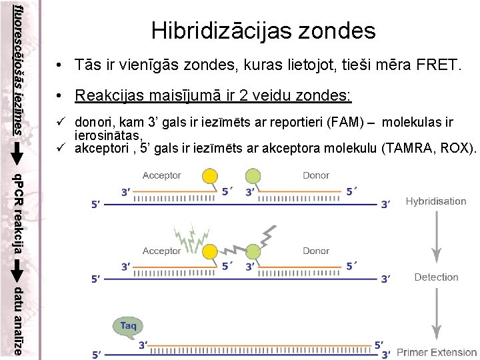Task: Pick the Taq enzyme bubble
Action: coord(128,325)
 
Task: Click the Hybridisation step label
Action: coord(436,201)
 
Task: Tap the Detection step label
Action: coord(436,277)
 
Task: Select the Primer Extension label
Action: coord(437,352)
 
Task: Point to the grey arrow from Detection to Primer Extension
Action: coord(437,313)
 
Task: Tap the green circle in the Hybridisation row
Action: coord(253,176)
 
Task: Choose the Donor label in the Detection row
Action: coord(316,251)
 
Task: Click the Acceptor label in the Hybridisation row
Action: coord(162,175)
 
